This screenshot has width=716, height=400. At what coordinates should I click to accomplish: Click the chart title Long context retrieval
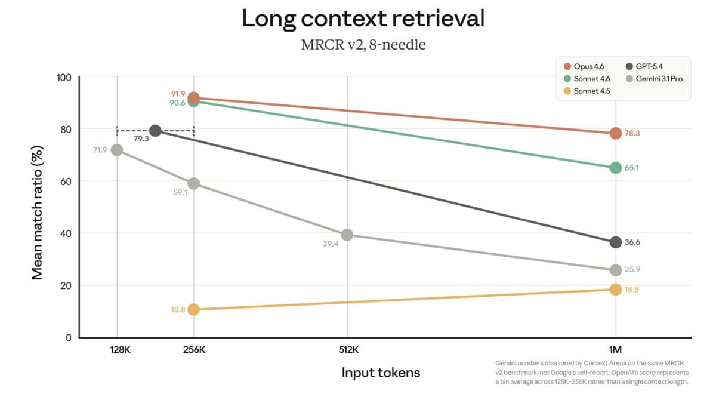[363, 19]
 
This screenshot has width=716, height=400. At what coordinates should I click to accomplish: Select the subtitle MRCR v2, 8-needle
[363, 45]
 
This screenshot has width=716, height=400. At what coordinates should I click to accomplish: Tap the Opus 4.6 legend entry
[588, 66]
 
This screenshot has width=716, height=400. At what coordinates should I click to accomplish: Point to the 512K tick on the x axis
[347, 349]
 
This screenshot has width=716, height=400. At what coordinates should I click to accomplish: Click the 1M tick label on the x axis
[615, 349]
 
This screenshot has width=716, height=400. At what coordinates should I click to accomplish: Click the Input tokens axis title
[381, 373]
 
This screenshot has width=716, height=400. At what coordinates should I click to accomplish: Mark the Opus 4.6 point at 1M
[615, 133]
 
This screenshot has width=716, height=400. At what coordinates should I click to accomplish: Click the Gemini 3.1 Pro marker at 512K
[347, 235]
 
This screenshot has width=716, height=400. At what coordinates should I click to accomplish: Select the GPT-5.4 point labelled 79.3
[155, 131]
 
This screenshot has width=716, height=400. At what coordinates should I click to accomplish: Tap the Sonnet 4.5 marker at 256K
[193, 309]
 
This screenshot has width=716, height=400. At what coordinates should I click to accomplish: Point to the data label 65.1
[632, 168]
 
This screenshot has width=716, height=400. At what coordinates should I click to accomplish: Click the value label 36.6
[632, 242]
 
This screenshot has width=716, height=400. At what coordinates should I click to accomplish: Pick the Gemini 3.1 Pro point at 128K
[117, 150]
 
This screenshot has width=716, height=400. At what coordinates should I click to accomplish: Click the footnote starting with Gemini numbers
[592, 372]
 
